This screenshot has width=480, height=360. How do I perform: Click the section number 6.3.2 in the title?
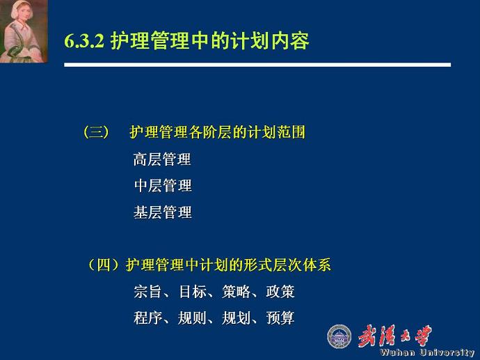(84, 41)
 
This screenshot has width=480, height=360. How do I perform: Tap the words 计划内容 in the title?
(270, 40)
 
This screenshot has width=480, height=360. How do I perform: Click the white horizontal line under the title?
(257, 65)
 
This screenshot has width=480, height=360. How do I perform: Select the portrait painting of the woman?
(24, 31)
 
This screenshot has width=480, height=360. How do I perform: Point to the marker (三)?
(96, 132)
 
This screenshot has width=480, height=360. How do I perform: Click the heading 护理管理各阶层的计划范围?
(217, 132)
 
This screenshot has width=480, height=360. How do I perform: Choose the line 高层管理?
(162, 159)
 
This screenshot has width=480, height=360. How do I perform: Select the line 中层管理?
(162, 186)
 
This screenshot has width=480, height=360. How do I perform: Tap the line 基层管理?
(162, 212)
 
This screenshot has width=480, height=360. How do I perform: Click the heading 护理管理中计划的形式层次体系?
(228, 265)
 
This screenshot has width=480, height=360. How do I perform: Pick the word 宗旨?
(147, 291)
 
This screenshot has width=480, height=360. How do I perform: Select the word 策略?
(237, 291)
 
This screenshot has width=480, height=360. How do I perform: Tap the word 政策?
(280, 291)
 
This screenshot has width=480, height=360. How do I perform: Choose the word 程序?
(147, 318)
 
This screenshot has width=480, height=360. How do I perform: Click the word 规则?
(193, 318)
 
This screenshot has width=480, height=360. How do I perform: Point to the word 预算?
(280, 318)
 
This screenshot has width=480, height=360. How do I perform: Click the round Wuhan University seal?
(339, 336)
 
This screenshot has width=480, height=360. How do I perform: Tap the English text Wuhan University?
(427, 352)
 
